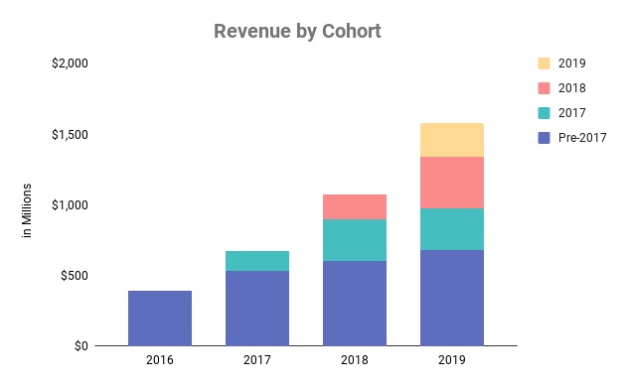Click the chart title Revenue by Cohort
[297, 31]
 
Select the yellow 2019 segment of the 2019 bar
[452, 140]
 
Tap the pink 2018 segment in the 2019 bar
[452, 183]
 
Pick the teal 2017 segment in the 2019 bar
[452, 229]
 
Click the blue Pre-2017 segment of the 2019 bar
[452, 298]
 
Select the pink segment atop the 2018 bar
[355, 206]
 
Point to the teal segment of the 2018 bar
[355, 240]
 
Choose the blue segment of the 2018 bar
[355, 303]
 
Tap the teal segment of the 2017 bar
[257, 261]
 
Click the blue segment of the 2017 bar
[257, 308]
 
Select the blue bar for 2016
[160, 318]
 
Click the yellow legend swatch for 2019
[544, 64]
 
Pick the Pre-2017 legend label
[581, 138]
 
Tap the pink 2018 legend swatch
[544, 88]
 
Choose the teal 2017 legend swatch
[544, 113]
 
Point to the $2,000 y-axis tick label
[70, 64]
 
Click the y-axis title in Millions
[27, 210]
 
